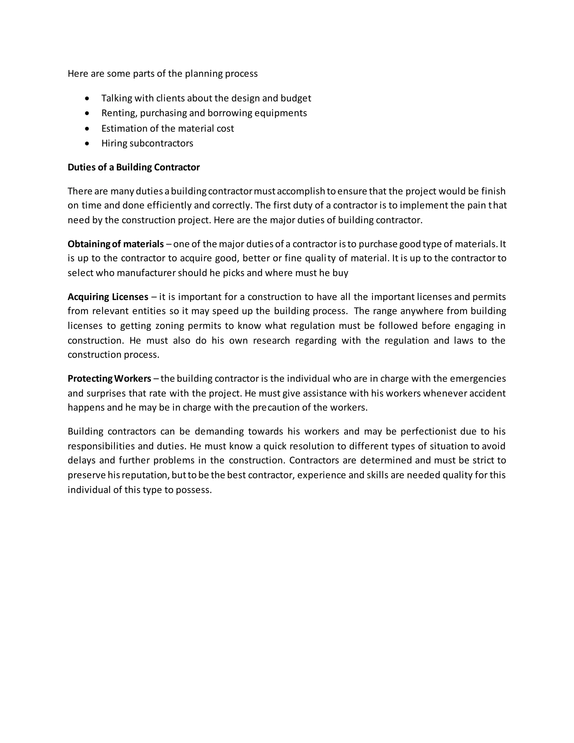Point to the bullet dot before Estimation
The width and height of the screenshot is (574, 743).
(x=88, y=129)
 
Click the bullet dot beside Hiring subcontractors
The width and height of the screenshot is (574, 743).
(x=88, y=144)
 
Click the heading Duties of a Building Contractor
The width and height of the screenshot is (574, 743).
(x=134, y=167)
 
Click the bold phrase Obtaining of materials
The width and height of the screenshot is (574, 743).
(x=116, y=244)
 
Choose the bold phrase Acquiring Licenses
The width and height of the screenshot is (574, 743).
(x=108, y=297)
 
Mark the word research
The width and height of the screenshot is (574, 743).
(x=271, y=341)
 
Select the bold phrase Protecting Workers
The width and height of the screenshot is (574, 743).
(x=109, y=379)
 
